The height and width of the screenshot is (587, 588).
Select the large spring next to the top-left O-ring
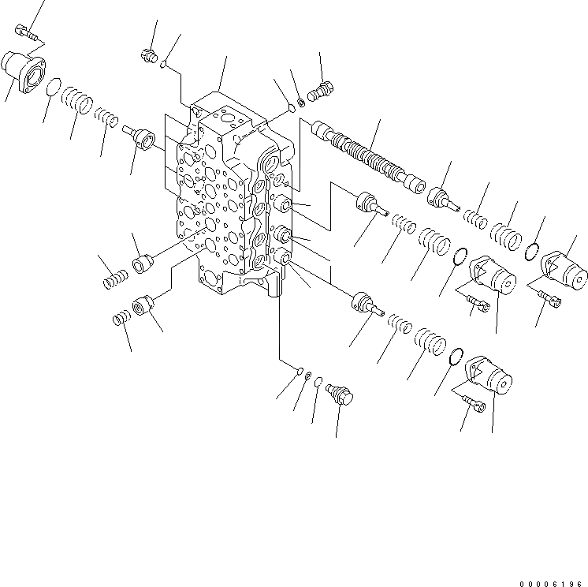point(80,100)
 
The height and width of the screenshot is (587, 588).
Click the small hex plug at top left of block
point(147,55)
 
